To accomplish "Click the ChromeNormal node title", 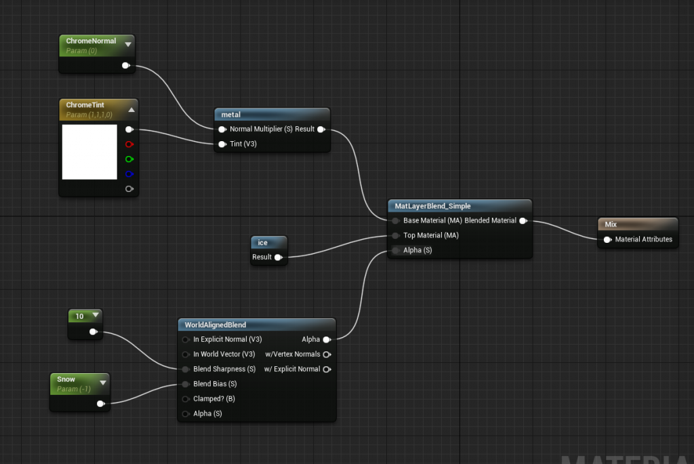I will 91,41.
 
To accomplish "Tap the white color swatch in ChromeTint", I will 89,152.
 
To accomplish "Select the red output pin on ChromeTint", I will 129,144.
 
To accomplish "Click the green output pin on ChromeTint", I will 129,159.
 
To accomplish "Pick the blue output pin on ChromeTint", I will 129,174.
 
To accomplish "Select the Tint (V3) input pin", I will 222,144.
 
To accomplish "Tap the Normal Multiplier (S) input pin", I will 222,129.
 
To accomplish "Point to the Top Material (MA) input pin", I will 395,235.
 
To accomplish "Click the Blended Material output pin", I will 523,220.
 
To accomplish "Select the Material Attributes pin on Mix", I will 607,239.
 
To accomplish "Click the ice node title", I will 263,242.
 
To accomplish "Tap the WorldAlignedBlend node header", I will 215,324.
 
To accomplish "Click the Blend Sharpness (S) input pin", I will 186,369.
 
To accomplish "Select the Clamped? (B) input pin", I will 186,399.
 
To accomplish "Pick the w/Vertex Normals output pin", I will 327,354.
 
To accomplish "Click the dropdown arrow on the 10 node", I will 95,315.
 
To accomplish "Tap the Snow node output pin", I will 100,404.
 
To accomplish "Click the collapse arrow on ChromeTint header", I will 131,109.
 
